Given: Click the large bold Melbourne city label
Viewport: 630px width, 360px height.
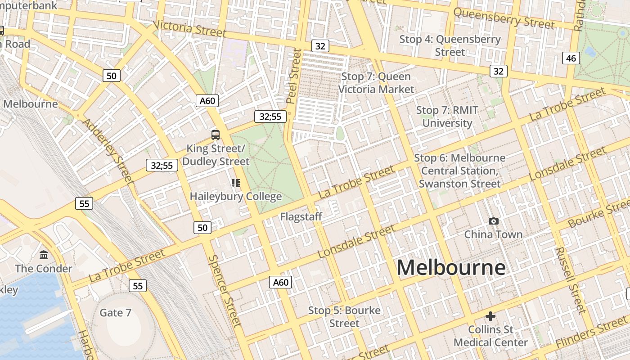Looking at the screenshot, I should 451,268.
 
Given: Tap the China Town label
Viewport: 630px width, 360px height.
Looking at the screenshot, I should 493,234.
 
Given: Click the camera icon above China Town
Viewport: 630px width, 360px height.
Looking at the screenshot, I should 494,221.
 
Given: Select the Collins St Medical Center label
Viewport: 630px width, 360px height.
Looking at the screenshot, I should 490,336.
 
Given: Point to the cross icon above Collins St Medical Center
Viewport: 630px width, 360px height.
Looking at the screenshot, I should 490,316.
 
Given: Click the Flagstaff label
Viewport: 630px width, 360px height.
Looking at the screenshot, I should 301,217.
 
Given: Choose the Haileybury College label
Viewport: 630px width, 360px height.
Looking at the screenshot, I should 236,197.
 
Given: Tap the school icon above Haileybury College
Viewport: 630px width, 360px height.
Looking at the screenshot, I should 236,183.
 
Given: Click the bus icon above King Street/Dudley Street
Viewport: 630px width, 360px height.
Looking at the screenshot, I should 216,135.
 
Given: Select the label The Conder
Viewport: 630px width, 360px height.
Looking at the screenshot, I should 43,269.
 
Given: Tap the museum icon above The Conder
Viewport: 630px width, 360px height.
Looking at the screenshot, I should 44,255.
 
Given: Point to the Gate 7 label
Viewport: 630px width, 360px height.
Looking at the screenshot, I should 116,313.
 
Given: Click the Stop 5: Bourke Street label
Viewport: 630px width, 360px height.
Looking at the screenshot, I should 344,317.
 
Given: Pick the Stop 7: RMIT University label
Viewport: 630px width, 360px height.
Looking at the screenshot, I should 447,117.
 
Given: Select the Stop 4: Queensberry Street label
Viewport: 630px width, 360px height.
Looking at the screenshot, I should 450,45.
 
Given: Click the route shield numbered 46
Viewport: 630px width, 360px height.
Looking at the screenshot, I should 571,58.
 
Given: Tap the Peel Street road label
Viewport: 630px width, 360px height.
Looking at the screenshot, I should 294,76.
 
